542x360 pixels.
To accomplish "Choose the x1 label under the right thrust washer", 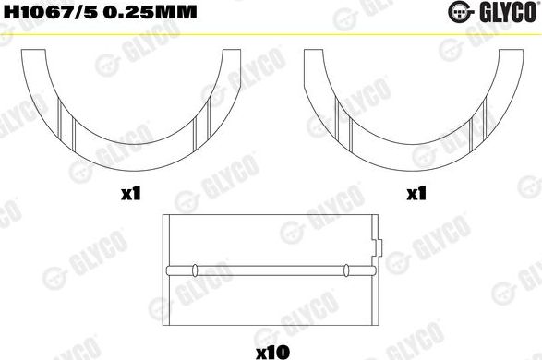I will click(x=416, y=195).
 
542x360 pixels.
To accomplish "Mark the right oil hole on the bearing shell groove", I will click(x=346, y=270).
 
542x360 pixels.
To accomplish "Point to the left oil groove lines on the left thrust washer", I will click(x=62, y=121).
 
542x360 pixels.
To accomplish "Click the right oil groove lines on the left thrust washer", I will click(x=197, y=121).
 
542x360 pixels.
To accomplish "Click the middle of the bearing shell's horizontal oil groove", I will click(x=271, y=270).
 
